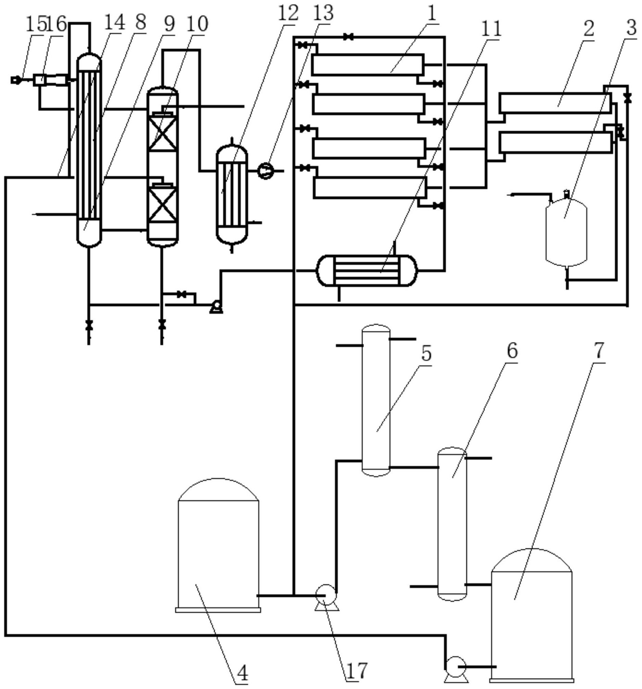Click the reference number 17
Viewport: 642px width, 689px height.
(356, 670)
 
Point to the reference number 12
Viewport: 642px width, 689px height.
(288, 13)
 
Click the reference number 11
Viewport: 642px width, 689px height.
(492, 28)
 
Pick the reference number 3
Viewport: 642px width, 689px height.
(631, 27)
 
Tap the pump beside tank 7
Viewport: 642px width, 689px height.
(456, 666)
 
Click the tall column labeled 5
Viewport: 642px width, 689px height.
(376, 400)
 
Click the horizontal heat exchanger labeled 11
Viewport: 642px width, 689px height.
(367, 270)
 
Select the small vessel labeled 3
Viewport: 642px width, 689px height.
(566, 232)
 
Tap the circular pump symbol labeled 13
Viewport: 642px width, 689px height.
(266, 171)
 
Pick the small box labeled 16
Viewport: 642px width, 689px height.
(39, 80)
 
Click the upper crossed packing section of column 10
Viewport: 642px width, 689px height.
(162, 134)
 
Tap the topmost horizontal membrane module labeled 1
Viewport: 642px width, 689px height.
(367, 64)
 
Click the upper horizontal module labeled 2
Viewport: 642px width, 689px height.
(555, 103)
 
